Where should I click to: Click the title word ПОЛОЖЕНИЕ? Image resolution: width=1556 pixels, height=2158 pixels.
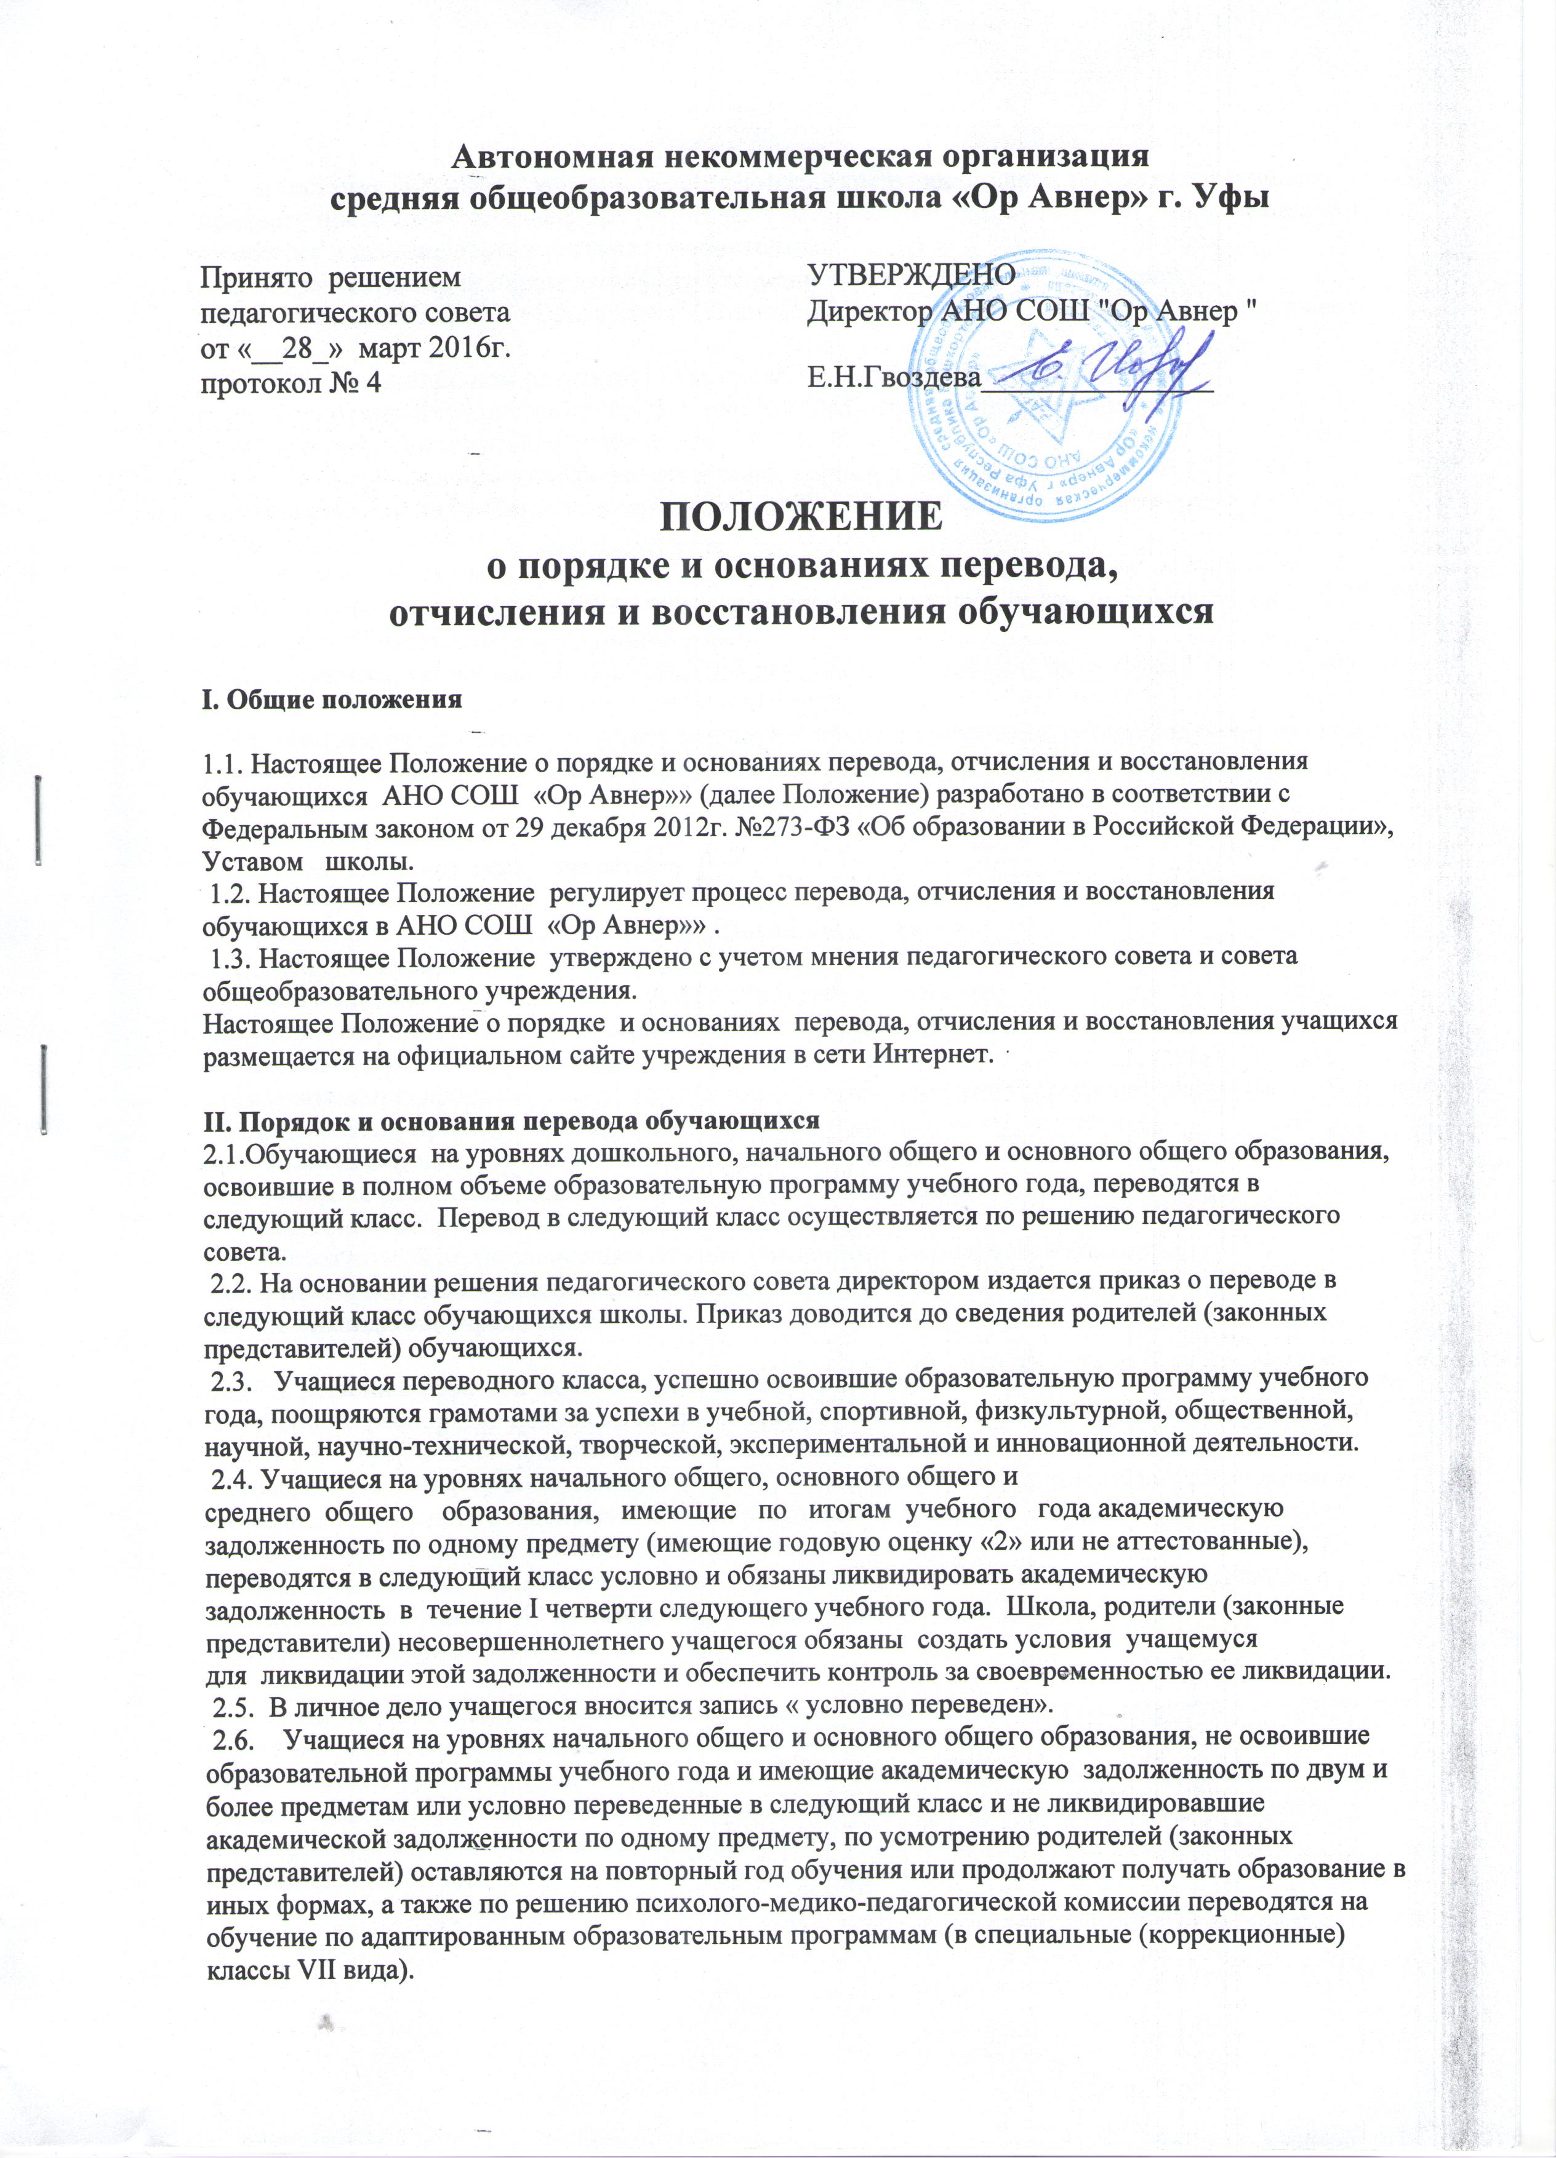(x=802, y=519)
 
